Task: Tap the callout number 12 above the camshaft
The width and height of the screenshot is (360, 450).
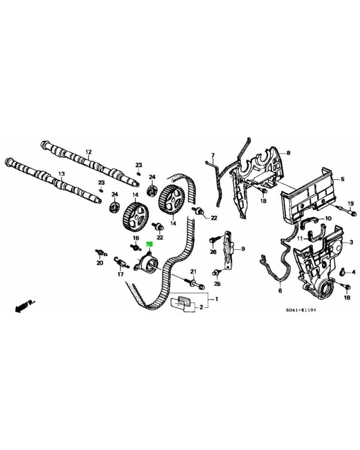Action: click(88, 152)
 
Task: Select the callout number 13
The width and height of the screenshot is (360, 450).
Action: click(62, 174)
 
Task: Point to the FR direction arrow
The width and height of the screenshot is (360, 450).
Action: click(25, 306)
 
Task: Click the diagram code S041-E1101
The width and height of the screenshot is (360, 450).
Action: click(300, 310)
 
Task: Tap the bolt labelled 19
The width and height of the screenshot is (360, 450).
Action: click(342, 208)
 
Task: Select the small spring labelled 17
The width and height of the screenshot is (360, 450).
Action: click(120, 261)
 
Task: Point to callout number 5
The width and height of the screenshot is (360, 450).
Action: click(342, 179)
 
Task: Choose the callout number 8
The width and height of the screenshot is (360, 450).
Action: click(288, 153)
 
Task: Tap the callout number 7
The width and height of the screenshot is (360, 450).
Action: click(213, 155)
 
